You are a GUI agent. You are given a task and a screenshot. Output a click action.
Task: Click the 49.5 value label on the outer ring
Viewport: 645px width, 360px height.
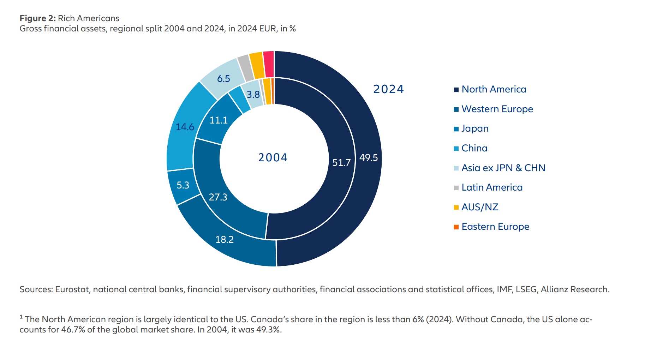368,158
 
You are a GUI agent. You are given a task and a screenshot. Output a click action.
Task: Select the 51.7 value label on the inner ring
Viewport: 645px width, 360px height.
341,162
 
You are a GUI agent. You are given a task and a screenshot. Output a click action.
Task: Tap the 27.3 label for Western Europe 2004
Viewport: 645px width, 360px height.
218,197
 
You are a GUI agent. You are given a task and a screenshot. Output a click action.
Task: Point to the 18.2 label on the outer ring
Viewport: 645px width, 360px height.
224,240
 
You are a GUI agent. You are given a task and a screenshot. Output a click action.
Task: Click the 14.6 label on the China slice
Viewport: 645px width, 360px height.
185,127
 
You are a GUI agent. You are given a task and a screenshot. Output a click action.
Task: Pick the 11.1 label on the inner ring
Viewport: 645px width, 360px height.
218,120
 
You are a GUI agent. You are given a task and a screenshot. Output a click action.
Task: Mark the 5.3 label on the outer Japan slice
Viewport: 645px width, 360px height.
183,185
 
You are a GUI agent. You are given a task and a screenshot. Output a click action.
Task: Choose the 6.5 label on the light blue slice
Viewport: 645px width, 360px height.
223,79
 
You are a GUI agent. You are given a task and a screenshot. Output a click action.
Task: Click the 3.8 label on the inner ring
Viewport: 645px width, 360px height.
253,95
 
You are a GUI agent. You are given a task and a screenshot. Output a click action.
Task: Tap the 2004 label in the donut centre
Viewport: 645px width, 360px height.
273,157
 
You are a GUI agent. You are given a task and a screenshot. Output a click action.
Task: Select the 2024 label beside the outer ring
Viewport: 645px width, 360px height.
388,89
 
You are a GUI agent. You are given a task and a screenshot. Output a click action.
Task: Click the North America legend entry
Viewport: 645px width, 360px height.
494,89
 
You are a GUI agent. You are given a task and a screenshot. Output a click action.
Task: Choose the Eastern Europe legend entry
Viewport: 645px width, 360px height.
495,227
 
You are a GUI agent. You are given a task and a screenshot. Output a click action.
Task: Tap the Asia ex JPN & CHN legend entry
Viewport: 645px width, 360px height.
503,168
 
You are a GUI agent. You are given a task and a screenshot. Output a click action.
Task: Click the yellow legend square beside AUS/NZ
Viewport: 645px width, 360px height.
456,208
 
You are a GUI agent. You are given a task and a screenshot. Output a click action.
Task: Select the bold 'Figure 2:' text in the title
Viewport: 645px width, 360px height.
37,18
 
